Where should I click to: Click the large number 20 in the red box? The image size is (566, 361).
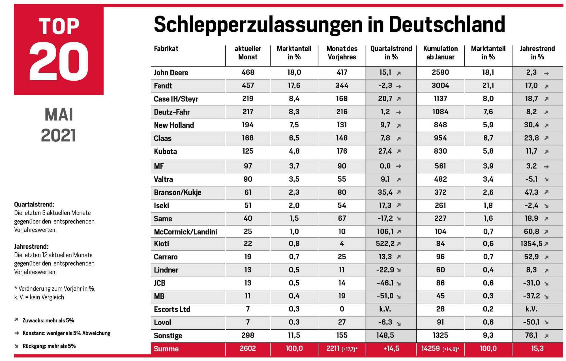[59, 62]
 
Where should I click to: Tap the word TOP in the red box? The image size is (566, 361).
[59, 27]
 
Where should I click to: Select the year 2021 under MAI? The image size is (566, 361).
[59, 136]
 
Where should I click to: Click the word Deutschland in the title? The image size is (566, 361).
[447, 24]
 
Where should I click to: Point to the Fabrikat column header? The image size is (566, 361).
[166, 49]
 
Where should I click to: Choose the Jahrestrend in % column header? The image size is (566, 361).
[537, 53]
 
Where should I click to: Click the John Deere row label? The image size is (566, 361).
[171, 73]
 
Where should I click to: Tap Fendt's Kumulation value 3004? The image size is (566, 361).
[440, 85]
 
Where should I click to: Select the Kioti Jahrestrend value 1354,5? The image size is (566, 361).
[531, 244]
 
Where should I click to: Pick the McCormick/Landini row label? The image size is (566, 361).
[185, 232]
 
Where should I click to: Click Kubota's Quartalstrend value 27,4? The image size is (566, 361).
[385, 151]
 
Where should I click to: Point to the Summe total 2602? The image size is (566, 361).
[248, 348]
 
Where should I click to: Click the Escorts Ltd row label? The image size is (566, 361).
[172, 310]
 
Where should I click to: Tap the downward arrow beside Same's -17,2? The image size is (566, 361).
[398, 219]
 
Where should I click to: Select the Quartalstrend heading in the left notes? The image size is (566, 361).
[34, 204]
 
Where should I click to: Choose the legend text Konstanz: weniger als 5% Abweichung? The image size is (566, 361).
[67, 333]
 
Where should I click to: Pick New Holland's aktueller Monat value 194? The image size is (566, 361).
[248, 125]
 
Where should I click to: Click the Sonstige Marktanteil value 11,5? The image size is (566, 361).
[294, 336]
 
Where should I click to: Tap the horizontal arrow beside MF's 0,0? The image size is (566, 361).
[398, 166]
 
